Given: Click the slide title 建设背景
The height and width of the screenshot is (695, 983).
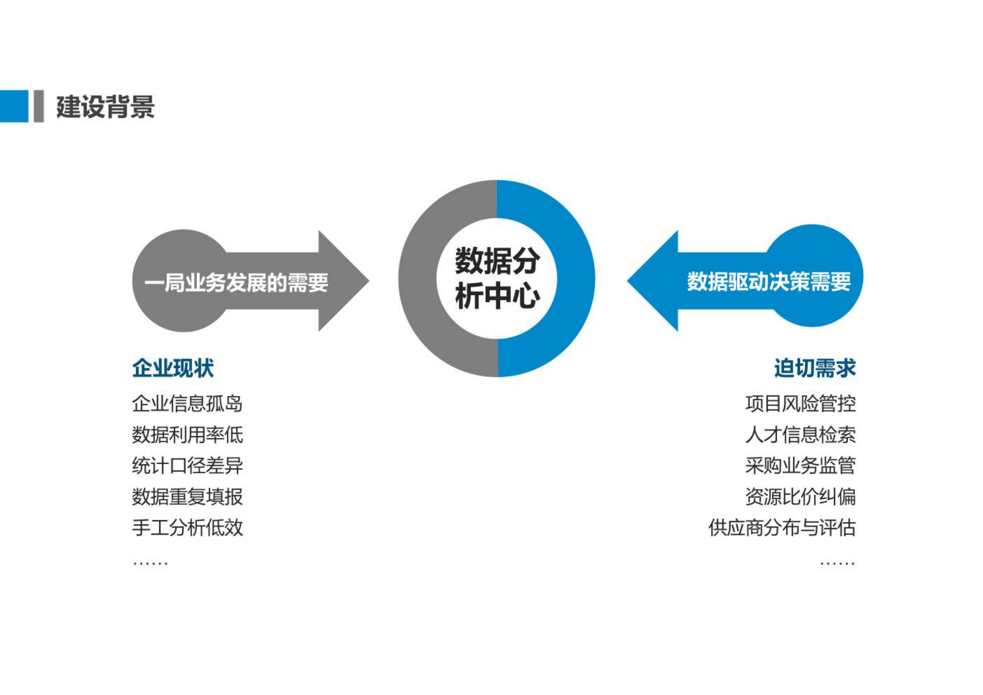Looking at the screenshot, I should pos(105,106).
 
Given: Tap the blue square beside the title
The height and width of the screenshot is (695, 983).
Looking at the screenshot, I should pos(14,106).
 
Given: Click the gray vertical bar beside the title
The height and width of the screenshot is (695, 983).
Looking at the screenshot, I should pos(39,106).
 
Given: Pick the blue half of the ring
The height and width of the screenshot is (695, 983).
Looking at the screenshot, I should pos(575,279).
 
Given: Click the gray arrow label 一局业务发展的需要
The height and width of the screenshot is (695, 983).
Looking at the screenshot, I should pos(236,282).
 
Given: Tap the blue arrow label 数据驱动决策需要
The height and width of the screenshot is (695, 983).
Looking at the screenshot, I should pos(768,282).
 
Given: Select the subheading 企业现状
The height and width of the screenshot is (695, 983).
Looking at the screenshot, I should pos(173,368).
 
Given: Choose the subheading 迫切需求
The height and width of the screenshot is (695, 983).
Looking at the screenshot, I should pos(814,368).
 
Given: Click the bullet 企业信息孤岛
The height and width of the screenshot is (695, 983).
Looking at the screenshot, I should pos(187,403).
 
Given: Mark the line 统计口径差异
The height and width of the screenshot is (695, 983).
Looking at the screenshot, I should pos(187,466).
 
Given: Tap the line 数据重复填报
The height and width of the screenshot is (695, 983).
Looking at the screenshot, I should pos(187,497).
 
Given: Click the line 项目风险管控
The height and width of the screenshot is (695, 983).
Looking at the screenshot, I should pos(800,403).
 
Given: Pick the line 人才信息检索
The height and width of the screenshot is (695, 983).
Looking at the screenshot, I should pos(800,434).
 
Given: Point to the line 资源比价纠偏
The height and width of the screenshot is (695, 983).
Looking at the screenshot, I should pos(800,497).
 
